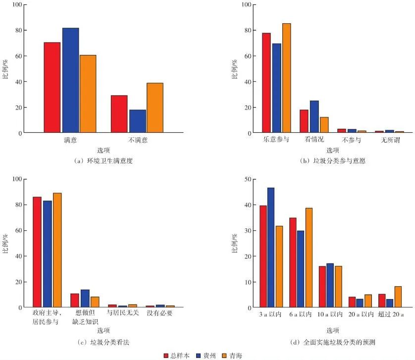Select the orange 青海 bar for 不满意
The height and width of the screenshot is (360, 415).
(x=155, y=108)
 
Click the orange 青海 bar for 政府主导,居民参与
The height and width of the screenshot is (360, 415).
(x=57, y=250)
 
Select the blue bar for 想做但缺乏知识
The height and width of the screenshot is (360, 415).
(x=85, y=299)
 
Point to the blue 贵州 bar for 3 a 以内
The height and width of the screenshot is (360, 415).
(x=270, y=248)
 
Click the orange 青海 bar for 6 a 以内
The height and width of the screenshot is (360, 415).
(x=309, y=257)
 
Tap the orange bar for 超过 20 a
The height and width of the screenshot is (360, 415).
(x=398, y=297)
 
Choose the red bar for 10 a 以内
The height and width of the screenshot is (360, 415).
(x=322, y=287)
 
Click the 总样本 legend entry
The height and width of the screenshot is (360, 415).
(x=177, y=356)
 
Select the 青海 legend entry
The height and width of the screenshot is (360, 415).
(x=232, y=356)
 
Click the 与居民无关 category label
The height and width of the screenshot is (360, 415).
(x=122, y=313)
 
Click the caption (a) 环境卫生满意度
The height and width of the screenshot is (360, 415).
(x=103, y=161)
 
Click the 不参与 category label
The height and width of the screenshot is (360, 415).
(x=352, y=140)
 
